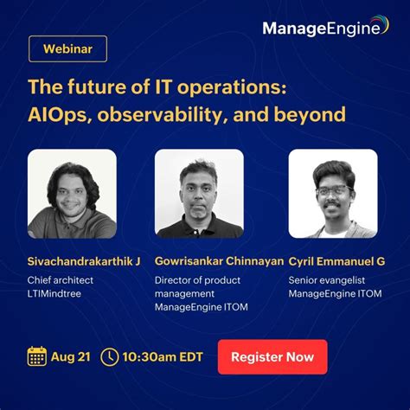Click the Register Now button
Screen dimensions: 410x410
coord(272,356)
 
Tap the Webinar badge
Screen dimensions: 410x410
coord(67,48)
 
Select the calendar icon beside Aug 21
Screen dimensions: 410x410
coord(37,356)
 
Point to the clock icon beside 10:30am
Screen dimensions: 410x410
coord(110,356)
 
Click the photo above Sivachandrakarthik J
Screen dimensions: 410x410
coord(72,193)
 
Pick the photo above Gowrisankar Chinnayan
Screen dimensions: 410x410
coord(199,193)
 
